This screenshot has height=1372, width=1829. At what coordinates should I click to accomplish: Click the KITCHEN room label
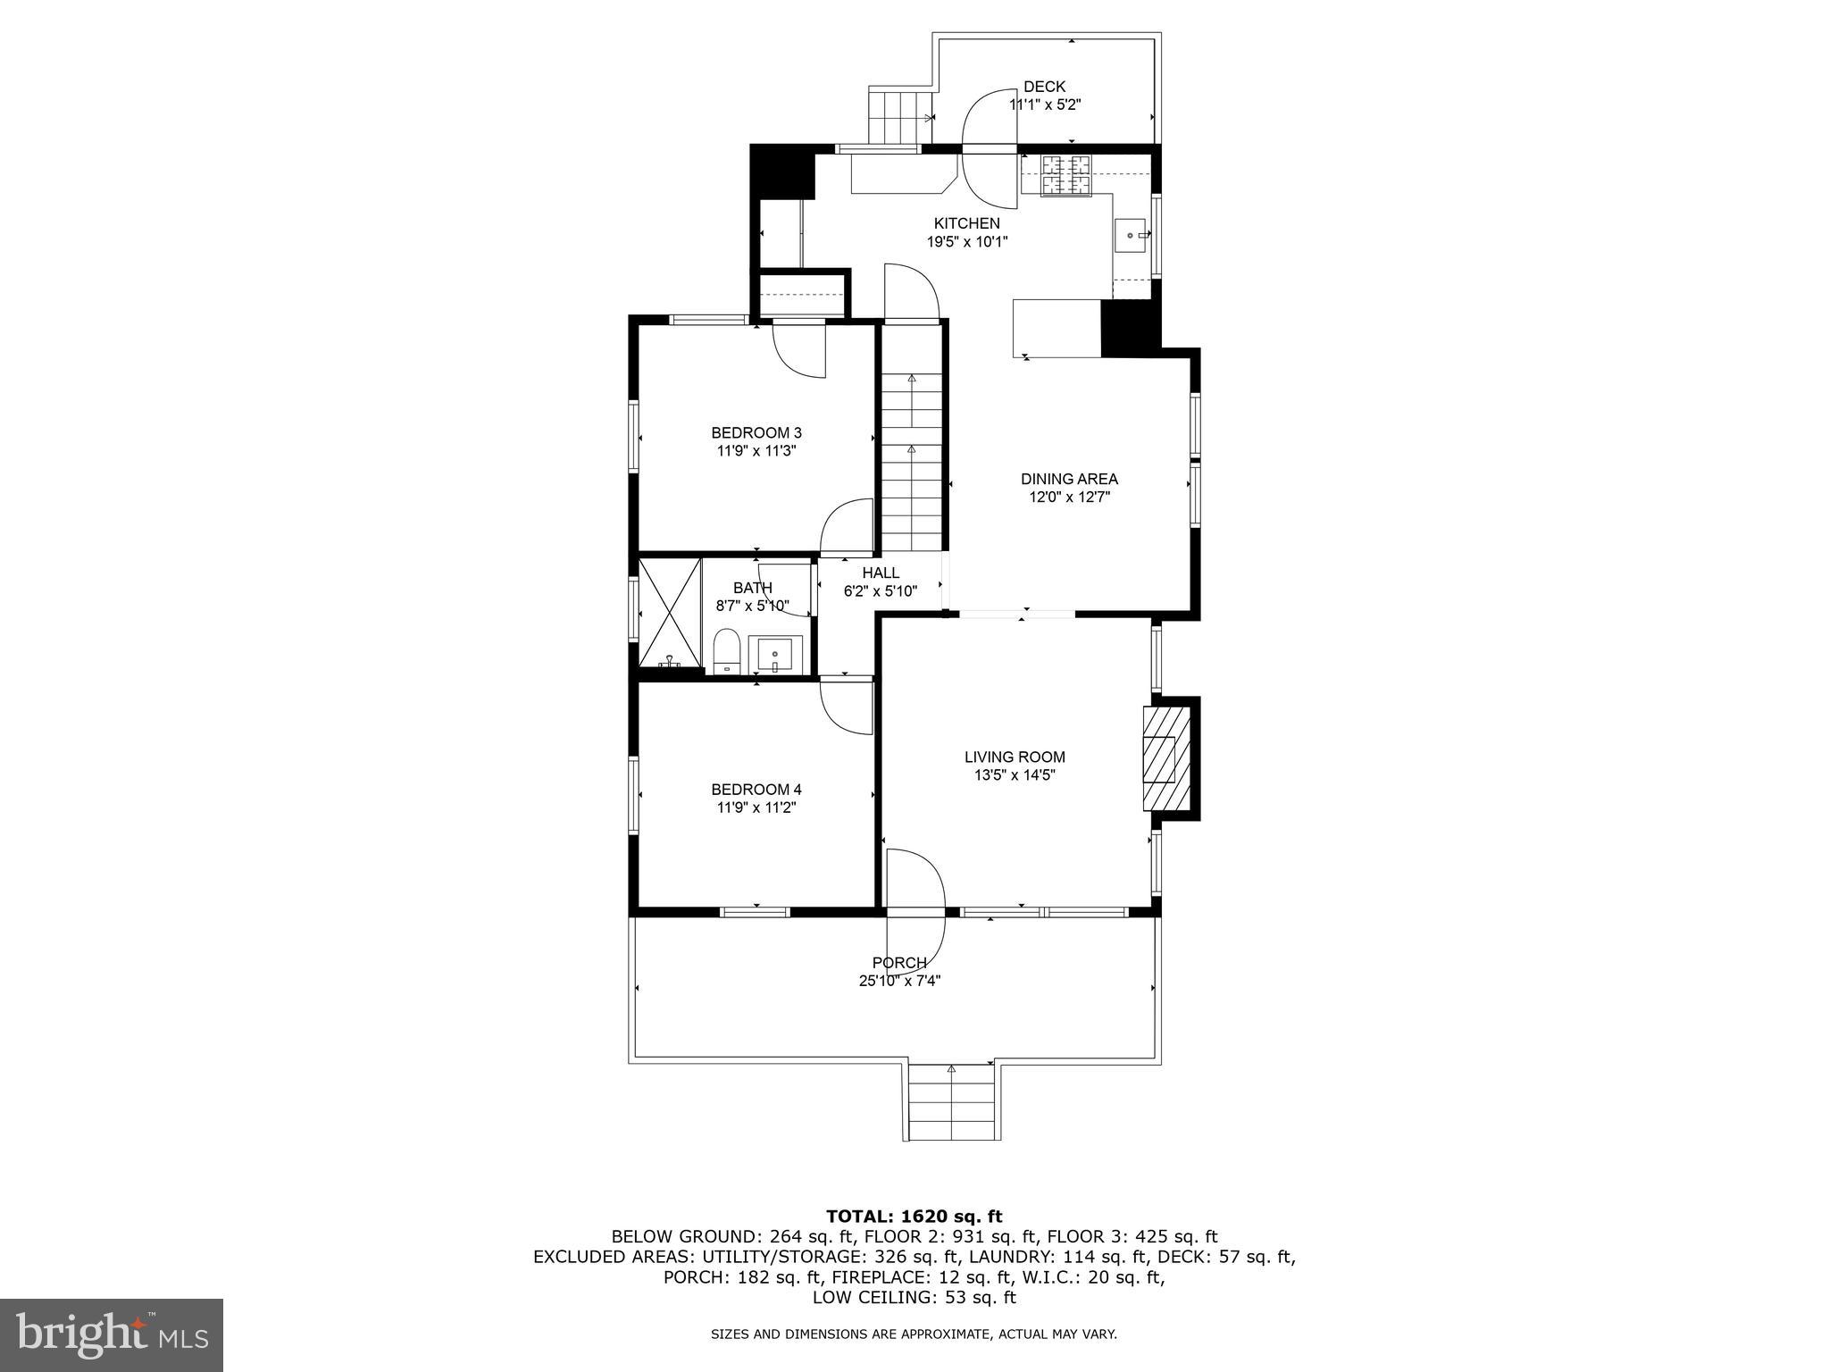966,223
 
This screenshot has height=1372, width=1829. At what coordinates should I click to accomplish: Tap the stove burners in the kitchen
1067,175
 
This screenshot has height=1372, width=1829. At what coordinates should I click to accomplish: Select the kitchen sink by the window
1132,235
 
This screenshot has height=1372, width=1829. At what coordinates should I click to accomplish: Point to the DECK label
1044,87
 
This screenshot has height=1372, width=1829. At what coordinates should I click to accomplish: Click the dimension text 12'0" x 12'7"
1069,498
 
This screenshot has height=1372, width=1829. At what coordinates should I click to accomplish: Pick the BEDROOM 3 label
756,433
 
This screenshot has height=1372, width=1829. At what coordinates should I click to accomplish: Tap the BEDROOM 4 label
756,790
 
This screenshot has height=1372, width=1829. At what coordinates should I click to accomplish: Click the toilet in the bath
727,651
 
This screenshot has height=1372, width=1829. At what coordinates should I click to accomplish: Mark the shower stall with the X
670,613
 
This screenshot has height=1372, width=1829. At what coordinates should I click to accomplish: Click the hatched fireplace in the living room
1166,758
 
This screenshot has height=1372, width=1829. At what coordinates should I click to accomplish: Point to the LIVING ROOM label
1015,757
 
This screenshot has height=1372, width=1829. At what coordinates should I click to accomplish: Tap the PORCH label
899,963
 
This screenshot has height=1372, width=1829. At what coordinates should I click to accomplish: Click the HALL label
881,573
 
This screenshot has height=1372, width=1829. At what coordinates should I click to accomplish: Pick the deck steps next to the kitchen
898,116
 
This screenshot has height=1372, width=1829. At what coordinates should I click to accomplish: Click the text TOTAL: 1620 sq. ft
914,1216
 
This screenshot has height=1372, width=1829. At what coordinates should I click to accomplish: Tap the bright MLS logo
112,1334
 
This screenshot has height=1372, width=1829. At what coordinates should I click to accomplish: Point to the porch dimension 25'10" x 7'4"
899,981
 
